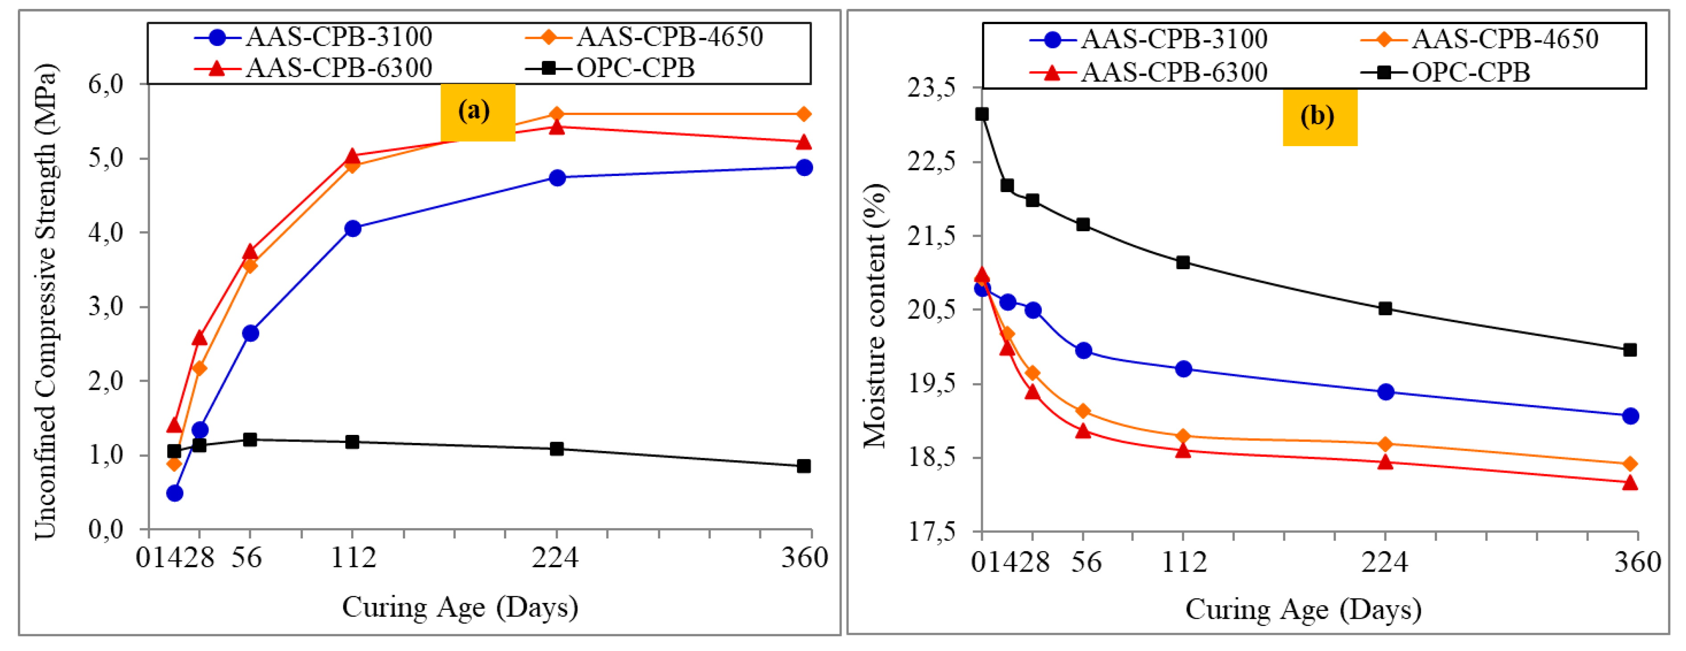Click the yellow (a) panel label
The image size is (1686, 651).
[477, 112]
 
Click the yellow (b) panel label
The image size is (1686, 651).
[1319, 116]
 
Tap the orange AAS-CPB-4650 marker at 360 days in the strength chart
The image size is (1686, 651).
[804, 115]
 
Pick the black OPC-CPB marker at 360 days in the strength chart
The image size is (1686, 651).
[804, 466]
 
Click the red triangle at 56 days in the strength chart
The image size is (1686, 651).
[250, 252]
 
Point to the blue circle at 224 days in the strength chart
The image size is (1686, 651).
[557, 177]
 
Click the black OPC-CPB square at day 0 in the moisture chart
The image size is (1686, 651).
[982, 114]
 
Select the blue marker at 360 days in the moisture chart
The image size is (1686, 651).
[1630, 416]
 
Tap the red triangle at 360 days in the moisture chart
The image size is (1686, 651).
[1630, 483]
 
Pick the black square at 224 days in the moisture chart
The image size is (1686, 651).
[1385, 308]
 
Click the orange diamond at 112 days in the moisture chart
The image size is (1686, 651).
[1183, 436]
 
